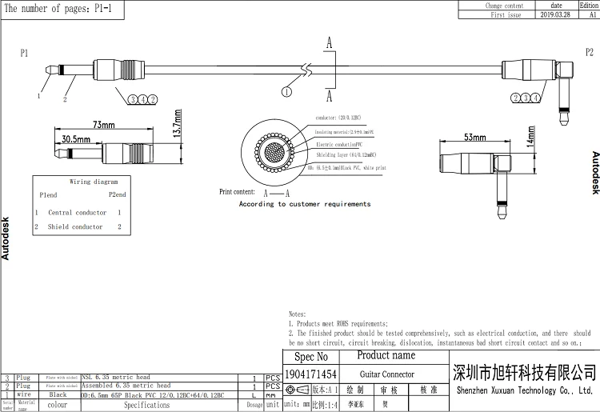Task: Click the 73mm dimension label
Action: point(105,126)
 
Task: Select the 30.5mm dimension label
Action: point(76,138)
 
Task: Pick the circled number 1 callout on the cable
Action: point(286,92)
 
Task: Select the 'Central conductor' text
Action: point(78,213)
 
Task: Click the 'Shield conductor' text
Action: point(75,226)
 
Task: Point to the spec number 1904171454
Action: point(311,374)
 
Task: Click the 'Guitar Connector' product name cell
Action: point(386,374)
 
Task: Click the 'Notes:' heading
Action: point(297,314)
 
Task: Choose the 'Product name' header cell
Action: point(386,355)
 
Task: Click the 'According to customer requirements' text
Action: point(305,204)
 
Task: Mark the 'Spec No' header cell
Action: point(311,357)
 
